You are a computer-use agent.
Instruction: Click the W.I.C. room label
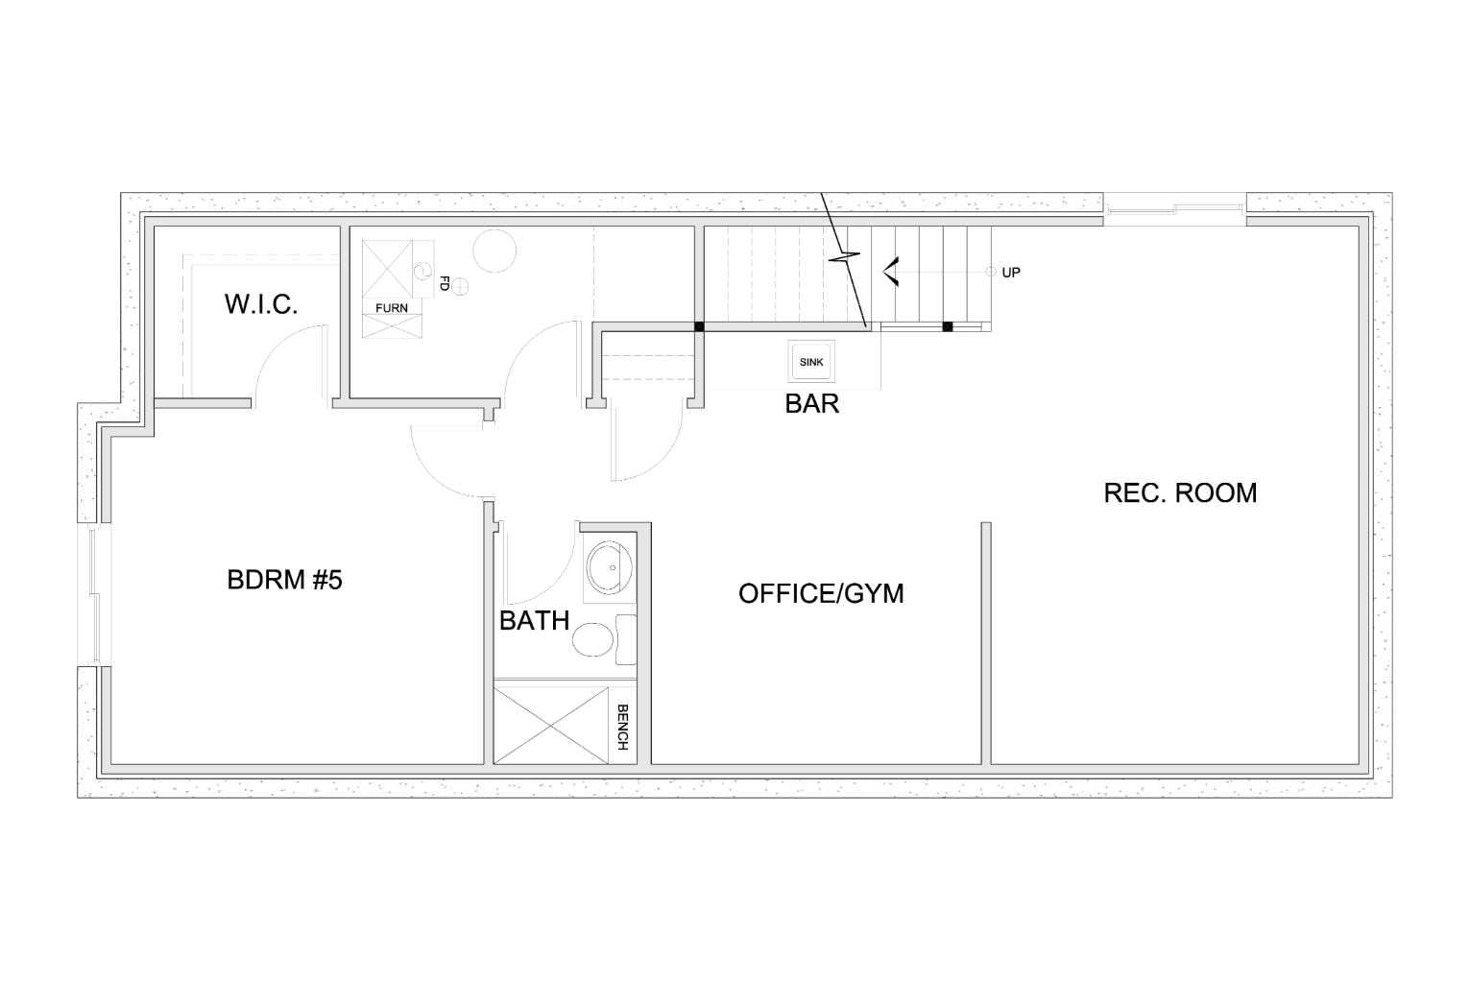261,304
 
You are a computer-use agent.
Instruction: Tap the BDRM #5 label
284,580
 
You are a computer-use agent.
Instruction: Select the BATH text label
534,620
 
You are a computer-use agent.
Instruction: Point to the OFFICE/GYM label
821,593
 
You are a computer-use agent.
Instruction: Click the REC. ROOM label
1180,492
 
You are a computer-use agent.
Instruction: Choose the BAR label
811,403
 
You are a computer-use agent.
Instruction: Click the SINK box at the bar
811,362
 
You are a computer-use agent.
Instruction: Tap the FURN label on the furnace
391,308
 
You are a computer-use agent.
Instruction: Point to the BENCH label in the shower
622,728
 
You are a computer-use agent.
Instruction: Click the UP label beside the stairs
1011,273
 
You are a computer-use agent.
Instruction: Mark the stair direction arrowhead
890,273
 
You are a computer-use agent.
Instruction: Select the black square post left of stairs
699,326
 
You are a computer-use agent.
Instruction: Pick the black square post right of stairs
947,326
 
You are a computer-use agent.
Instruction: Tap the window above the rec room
1174,205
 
